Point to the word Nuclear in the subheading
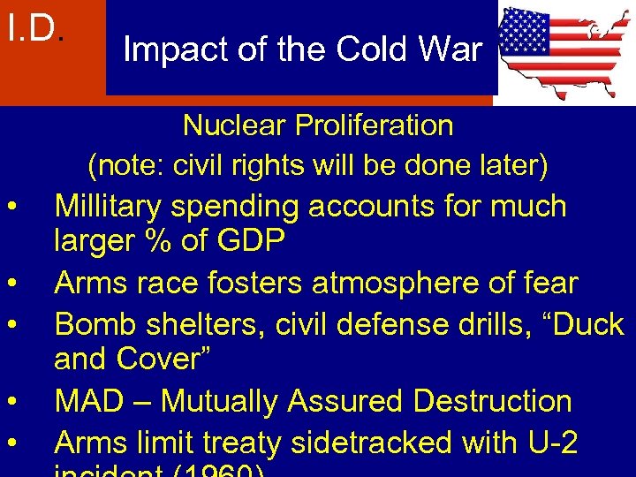pos(231,125)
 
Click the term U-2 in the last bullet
pos(548,442)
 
